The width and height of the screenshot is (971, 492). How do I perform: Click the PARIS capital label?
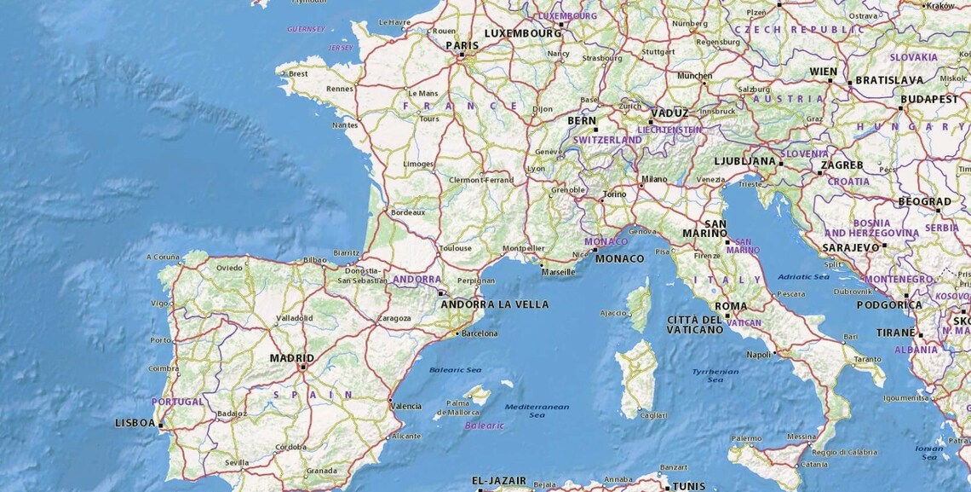[x=462, y=45]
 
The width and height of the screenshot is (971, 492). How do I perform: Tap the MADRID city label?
[x=291, y=358]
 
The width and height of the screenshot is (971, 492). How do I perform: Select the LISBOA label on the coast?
[x=135, y=423]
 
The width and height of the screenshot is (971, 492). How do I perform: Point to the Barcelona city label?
[x=479, y=333]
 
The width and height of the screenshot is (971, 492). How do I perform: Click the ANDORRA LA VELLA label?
[x=494, y=304]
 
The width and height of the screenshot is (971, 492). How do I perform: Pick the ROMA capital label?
[x=731, y=306]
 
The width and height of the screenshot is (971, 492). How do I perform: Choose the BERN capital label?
[x=582, y=121]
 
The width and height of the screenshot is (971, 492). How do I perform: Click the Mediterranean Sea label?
[x=537, y=410]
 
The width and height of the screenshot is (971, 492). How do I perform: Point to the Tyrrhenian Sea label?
[x=715, y=375]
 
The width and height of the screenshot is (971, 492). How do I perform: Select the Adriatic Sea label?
[x=803, y=276]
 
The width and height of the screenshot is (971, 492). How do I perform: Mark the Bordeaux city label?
[x=407, y=212]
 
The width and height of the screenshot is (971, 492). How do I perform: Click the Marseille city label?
[x=558, y=272]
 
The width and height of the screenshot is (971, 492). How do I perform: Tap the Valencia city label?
[x=405, y=406]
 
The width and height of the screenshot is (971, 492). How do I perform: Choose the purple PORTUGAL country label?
[x=178, y=402]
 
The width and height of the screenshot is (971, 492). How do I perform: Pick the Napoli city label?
[x=758, y=355]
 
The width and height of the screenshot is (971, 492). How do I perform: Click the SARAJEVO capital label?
[x=850, y=247]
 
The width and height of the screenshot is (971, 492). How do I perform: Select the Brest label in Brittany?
[x=298, y=73]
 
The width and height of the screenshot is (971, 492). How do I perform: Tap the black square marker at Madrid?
[x=302, y=367]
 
